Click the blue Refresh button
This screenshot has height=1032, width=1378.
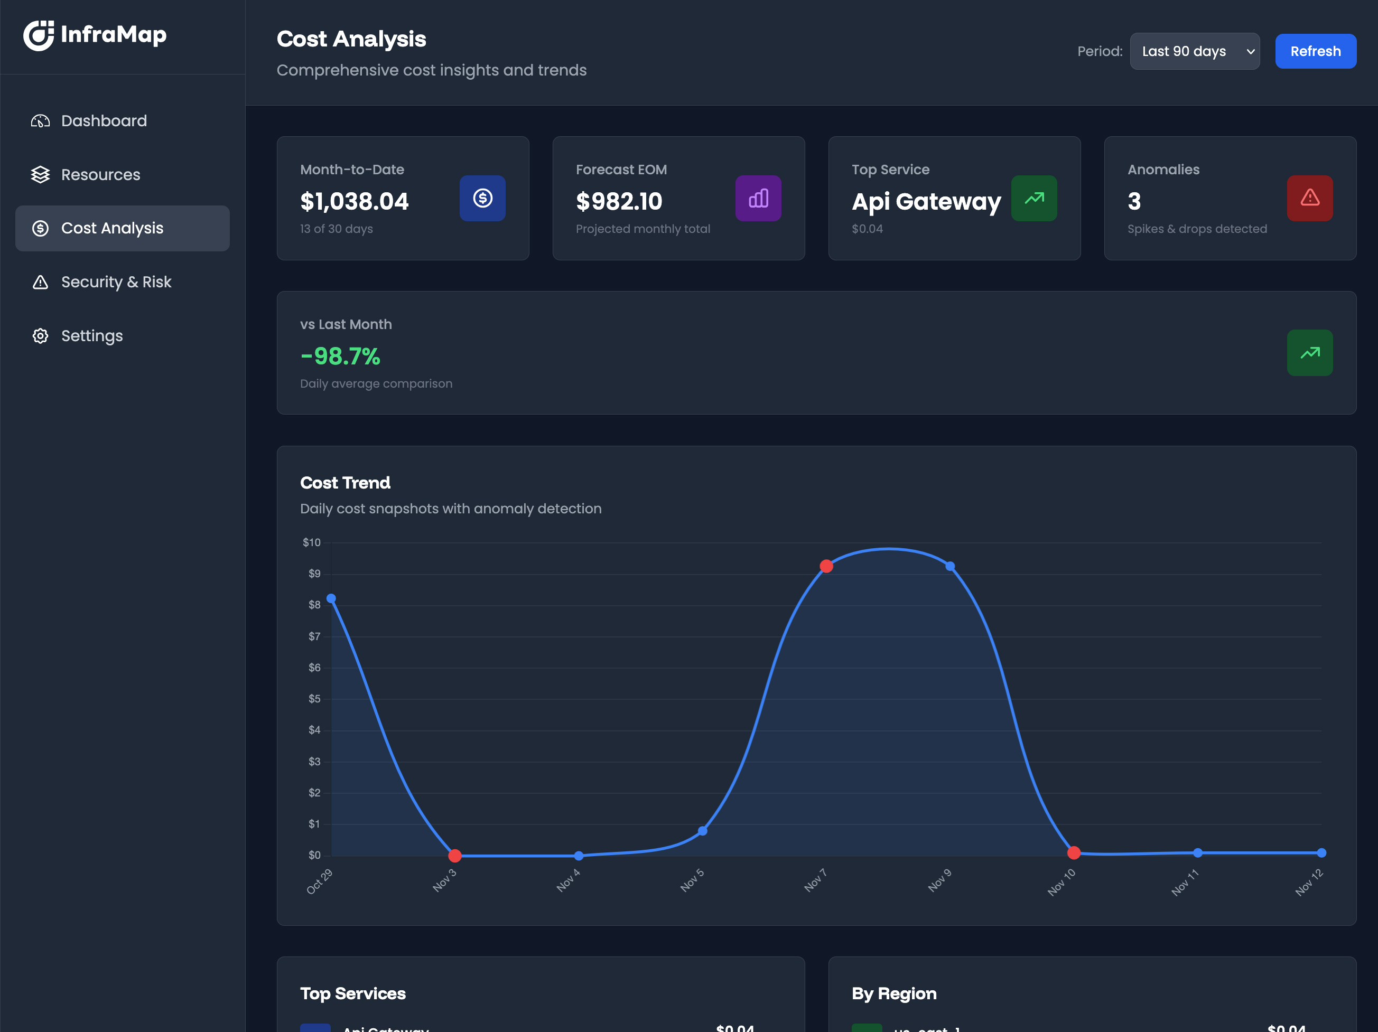pos(1315,51)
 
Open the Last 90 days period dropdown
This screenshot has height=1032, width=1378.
pos(1194,51)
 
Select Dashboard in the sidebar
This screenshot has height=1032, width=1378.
pos(104,121)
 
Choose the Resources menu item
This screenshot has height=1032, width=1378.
pos(100,174)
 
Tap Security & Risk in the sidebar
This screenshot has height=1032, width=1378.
pos(116,282)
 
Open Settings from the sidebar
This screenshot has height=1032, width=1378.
pos(91,336)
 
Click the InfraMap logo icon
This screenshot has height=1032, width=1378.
pos(39,35)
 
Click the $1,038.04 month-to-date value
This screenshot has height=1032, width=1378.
pos(354,201)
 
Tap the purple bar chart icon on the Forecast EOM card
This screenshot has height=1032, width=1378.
pos(758,198)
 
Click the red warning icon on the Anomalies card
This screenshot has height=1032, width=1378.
pos(1309,198)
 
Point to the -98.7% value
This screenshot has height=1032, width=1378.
pos(340,356)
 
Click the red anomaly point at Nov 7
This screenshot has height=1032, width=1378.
pos(826,566)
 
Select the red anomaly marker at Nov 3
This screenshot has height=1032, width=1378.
pos(455,856)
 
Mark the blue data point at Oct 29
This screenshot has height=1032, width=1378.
pos(331,598)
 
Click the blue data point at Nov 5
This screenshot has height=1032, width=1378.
pos(702,831)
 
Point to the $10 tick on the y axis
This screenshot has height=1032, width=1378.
pos(312,542)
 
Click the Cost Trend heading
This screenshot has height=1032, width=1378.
pos(345,483)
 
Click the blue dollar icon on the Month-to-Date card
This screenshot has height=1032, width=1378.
pos(482,198)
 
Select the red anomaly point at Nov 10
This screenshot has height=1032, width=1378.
pos(1073,852)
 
